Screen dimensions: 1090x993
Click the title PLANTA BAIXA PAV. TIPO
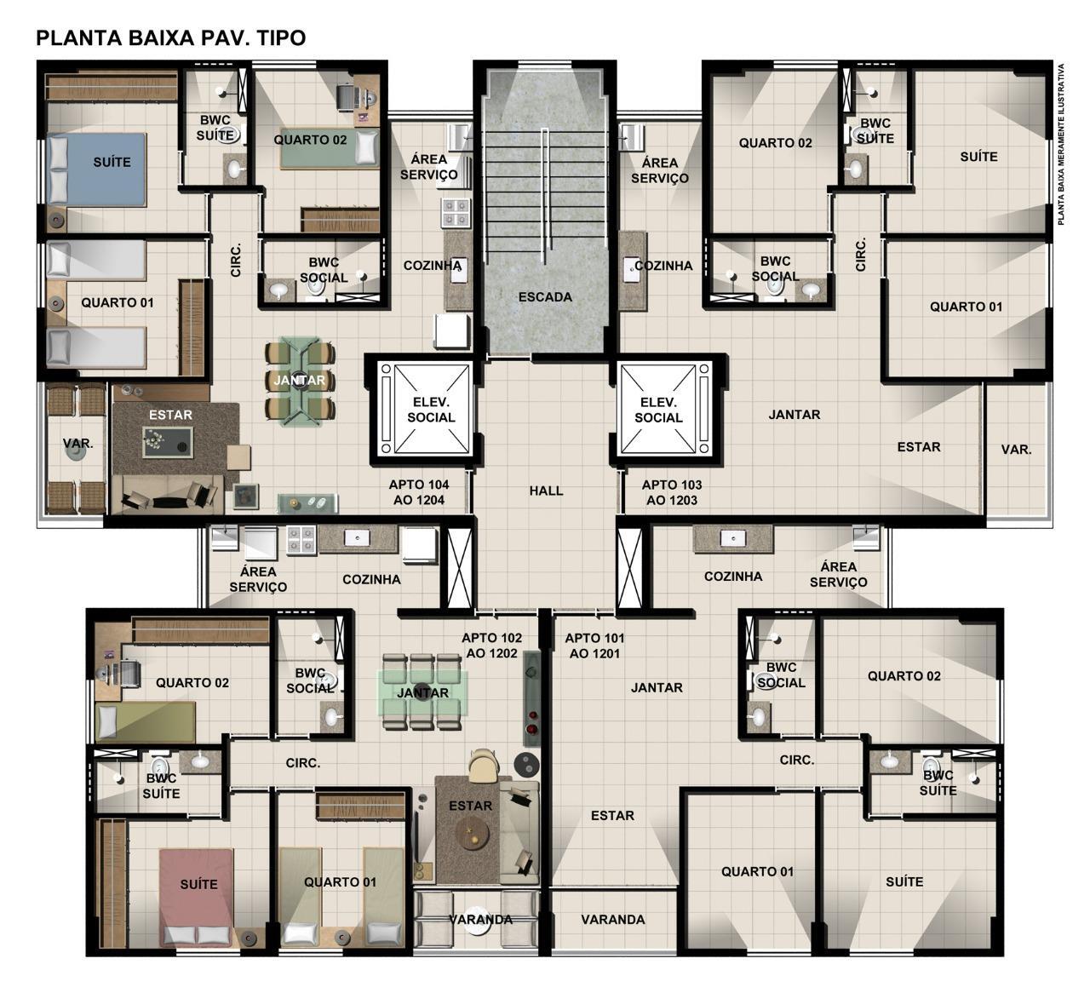170,38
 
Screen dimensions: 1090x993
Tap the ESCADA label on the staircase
544,297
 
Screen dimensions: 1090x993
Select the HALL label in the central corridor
546,491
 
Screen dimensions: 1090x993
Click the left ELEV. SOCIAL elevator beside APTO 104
427,410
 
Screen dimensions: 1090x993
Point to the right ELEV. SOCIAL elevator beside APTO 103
666,410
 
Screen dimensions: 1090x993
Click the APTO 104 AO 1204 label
419,492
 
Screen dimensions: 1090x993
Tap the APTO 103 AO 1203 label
672,492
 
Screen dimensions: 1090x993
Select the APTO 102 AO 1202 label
491,646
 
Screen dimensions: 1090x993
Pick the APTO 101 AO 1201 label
594,646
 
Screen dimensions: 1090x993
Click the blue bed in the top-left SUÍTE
97,169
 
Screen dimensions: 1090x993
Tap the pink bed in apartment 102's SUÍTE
198,898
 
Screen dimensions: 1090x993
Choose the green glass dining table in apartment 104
300,381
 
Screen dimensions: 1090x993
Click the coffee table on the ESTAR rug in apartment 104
168,442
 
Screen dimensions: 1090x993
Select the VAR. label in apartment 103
1016,450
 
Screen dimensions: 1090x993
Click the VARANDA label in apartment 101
613,920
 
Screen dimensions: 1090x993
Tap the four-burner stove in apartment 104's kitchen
456,213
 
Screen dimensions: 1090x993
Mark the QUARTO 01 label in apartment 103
966,307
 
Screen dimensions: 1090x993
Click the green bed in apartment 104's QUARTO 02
330,148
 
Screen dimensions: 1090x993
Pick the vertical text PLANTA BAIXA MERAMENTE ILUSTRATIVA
1061,144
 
